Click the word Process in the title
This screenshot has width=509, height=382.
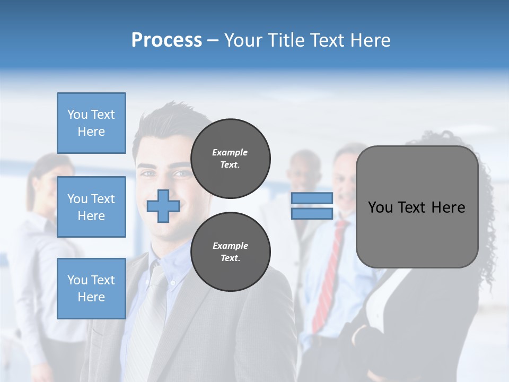(166, 40)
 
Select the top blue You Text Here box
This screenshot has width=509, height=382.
(91, 123)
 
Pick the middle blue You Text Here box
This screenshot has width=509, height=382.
(91, 207)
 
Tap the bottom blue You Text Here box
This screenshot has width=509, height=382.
(91, 288)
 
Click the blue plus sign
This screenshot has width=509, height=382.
(163, 206)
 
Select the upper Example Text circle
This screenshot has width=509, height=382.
(231, 159)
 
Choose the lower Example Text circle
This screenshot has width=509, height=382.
(231, 252)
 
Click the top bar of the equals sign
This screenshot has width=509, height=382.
(312, 198)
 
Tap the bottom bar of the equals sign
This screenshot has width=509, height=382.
(312, 214)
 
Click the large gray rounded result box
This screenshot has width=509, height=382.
(417, 207)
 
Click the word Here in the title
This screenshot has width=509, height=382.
(370, 40)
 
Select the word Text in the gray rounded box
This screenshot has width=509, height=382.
(413, 207)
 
